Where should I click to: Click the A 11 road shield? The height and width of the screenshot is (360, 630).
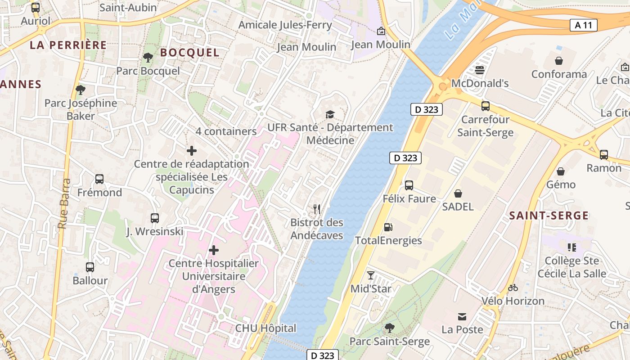(584, 25)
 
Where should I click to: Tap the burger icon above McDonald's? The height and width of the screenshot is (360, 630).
(480, 70)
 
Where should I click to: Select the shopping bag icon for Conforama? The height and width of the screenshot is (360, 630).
(559, 61)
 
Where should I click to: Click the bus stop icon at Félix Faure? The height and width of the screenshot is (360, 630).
(409, 185)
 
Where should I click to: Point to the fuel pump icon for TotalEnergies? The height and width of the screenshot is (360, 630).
(388, 227)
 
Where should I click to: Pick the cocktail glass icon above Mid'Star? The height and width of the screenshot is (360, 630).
(370, 275)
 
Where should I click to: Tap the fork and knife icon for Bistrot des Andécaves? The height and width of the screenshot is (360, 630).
(317, 209)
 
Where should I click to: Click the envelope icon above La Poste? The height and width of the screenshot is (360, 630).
(462, 316)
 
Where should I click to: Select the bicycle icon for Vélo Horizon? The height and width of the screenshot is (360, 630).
(513, 288)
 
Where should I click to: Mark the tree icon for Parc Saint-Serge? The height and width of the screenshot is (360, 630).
(389, 328)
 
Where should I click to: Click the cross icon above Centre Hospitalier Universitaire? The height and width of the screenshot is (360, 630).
(214, 250)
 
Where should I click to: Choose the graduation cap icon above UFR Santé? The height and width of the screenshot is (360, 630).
(330, 114)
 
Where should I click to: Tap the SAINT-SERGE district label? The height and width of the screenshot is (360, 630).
(549, 216)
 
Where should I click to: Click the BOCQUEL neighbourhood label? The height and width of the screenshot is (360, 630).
(190, 53)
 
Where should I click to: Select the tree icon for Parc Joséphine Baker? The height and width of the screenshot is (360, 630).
(80, 90)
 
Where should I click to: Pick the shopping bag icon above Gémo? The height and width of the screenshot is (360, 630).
(561, 171)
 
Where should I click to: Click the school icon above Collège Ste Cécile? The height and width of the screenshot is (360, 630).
(571, 247)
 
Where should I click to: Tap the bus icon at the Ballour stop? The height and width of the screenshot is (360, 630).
(90, 267)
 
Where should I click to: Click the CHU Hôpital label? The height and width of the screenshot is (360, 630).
(265, 328)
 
